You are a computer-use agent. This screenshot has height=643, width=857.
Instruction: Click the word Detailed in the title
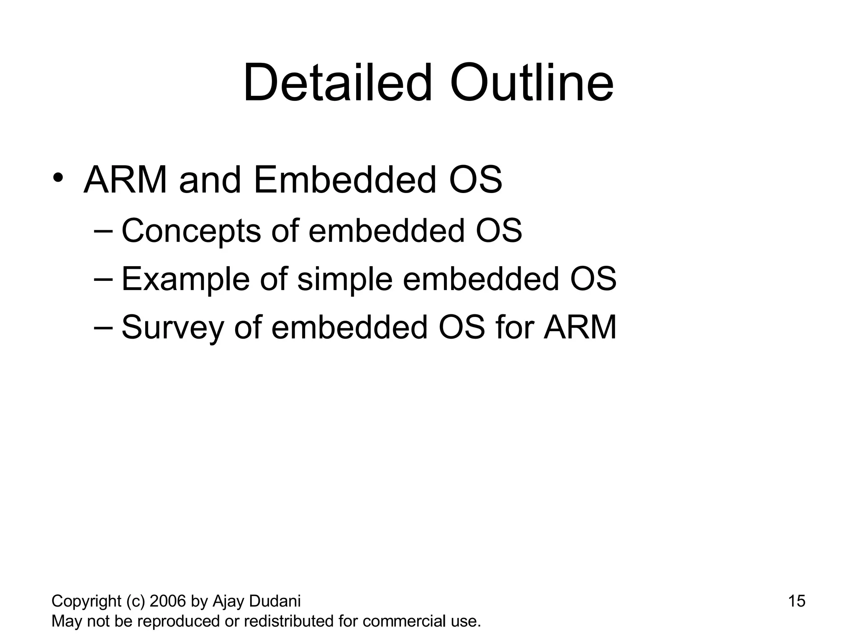pos(337,83)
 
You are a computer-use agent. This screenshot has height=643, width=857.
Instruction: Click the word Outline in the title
pos(531,83)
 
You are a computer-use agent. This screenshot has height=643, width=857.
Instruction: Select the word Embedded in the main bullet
pos(344,180)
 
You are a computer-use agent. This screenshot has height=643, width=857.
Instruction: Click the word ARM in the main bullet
pos(126,180)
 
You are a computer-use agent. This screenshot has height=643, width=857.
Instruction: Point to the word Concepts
pos(191,231)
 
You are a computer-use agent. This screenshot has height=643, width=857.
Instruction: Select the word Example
pos(185,279)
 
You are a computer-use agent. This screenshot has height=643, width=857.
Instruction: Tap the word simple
pos(345,279)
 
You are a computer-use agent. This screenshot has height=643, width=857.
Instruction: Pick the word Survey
pos(172,328)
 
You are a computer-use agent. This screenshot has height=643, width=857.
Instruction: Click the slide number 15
pos(797,601)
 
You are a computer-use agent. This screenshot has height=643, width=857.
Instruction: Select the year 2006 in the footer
pos(167,601)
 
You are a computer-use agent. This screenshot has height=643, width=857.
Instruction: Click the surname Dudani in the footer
pos(275,601)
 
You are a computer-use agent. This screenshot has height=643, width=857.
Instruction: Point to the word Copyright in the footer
pos(86,602)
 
